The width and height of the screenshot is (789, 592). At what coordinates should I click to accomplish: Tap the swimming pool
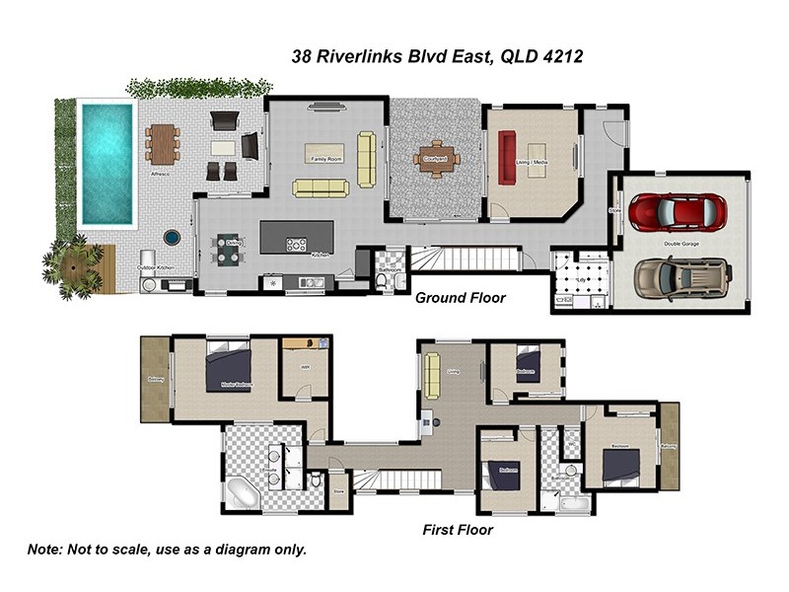(106, 163)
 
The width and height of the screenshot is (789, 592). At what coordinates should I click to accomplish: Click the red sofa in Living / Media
(509, 158)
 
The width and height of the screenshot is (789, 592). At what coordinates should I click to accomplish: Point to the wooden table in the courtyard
(435, 160)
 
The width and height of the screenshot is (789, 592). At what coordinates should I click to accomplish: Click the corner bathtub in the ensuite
(242, 491)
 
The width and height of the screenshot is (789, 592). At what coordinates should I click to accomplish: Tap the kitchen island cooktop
(295, 243)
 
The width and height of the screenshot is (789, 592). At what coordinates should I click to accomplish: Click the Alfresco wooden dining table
(164, 144)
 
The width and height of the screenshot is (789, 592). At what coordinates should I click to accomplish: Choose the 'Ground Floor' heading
(460, 297)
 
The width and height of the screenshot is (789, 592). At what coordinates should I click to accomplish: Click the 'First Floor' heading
(458, 530)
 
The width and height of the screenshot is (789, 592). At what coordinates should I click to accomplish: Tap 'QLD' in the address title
(519, 57)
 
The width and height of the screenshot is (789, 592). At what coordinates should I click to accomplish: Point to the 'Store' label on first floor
(337, 488)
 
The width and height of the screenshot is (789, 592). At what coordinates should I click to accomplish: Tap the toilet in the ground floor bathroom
(382, 281)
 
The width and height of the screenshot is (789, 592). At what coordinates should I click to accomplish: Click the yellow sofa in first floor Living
(432, 376)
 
